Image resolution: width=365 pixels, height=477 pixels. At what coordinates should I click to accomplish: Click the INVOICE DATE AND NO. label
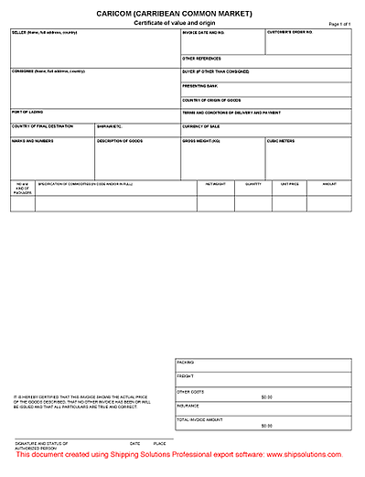(x=203, y=32)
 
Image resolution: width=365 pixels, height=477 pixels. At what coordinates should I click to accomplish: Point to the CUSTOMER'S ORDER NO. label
(x=290, y=32)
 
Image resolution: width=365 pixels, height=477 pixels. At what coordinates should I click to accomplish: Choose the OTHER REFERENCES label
(x=201, y=59)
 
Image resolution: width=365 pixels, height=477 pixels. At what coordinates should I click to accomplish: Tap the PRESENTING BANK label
(x=200, y=85)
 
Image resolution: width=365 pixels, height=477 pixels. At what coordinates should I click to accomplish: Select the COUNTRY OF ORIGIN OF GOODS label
(x=213, y=99)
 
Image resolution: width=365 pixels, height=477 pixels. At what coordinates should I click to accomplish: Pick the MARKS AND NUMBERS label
(x=33, y=141)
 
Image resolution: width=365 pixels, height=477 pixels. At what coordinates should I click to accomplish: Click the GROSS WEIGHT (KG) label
(x=202, y=141)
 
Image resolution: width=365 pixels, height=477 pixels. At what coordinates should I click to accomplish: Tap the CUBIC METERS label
(x=281, y=141)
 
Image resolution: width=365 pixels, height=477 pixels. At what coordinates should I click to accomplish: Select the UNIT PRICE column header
(x=290, y=184)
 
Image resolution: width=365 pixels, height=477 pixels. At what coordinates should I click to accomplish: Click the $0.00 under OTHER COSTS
(x=266, y=397)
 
